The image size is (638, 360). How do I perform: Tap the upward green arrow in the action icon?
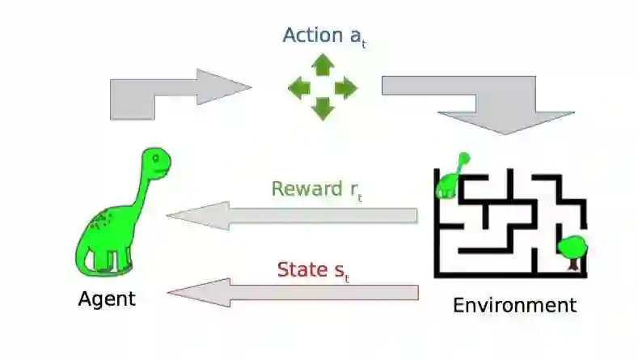(x=323, y=64)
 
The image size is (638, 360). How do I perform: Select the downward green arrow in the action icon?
(x=323, y=108)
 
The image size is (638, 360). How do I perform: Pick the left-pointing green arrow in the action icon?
(x=299, y=87)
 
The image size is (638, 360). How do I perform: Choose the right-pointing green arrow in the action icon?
(x=346, y=87)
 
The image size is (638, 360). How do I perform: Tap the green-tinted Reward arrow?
(x=291, y=216)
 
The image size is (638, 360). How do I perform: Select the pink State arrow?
(x=291, y=292)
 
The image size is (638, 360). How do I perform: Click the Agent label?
(x=107, y=299)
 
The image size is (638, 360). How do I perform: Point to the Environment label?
(x=514, y=306)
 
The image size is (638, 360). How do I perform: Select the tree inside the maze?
(x=573, y=248)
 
